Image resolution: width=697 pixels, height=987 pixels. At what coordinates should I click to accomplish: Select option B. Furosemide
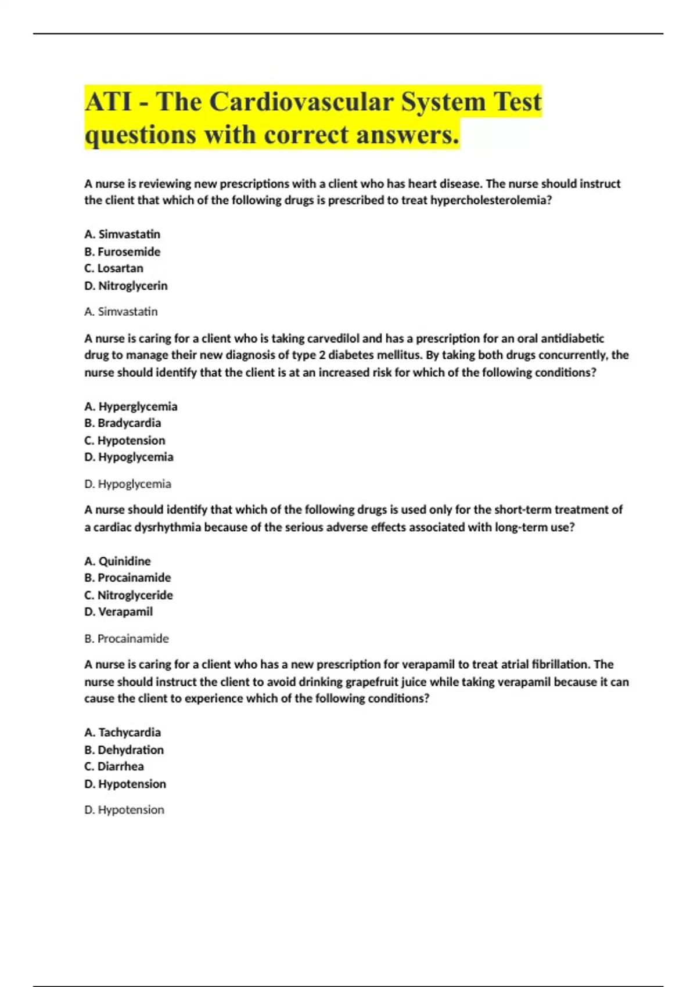pos(122,251)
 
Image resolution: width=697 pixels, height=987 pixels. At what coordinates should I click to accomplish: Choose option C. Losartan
pos(114,268)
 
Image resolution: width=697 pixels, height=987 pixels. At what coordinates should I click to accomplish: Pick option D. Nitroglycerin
pos(125,286)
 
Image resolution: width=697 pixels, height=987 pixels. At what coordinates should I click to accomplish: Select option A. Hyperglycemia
pos(131,406)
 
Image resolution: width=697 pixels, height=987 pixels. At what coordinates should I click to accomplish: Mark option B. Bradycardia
pos(123,423)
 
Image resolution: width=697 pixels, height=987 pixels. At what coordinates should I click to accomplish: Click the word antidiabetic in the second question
pos(572,338)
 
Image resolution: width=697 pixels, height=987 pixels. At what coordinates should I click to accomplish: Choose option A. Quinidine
pos(117,561)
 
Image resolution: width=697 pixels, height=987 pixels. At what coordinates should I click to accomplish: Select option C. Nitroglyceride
pos(128,595)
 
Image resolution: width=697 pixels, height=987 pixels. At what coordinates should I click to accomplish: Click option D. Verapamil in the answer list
pos(118,611)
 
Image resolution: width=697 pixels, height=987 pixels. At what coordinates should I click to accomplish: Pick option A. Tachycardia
pos(123,732)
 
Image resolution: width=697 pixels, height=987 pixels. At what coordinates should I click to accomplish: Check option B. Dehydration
pos(124,750)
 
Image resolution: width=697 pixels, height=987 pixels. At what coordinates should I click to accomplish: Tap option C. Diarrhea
pos(114,766)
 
